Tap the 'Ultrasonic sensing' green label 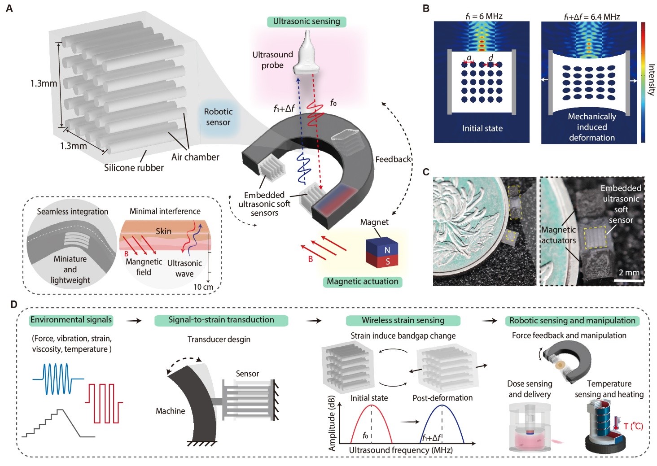[x=307, y=22]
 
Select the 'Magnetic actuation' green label [x=362, y=282]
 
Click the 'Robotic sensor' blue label [x=218, y=117]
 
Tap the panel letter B [x=426, y=8]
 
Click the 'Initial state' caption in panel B [x=482, y=128]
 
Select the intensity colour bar [x=643, y=82]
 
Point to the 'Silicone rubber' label [x=134, y=168]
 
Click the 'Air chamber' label [x=195, y=157]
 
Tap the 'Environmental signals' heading [x=71, y=320]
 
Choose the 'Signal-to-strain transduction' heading [x=221, y=320]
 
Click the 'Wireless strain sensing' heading [x=403, y=320]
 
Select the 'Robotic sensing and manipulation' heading [x=572, y=321]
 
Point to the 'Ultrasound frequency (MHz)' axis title [x=401, y=450]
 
